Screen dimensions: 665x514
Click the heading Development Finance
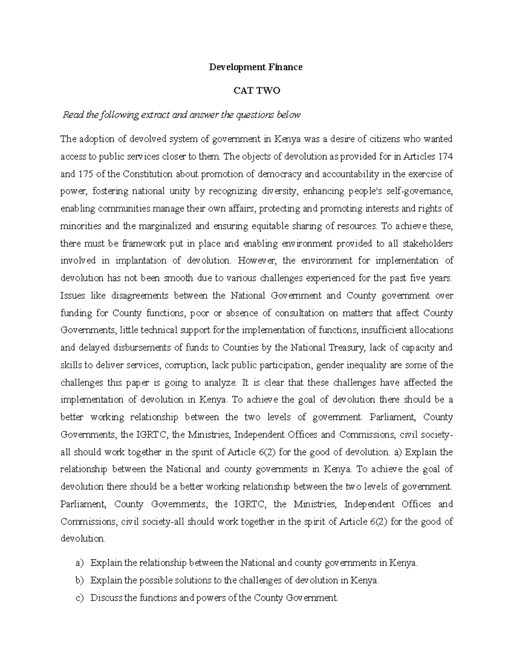256,67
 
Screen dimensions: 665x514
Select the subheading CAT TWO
256,91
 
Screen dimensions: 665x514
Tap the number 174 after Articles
445,157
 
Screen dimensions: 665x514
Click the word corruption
185,365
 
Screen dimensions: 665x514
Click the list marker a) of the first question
79,563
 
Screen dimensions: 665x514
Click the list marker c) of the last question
79,598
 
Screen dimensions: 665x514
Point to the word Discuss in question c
106,598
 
